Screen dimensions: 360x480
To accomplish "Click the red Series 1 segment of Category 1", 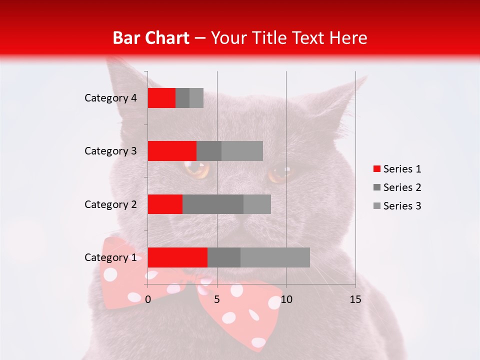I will pyautogui.click(x=177, y=257).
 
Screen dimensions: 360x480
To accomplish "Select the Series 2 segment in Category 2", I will pyautogui.click(x=213, y=204).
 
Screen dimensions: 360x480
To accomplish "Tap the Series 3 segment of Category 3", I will pyautogui.click(x=242, y=151).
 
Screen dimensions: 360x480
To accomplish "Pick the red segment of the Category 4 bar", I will pyautogui.click(x=161, y=98).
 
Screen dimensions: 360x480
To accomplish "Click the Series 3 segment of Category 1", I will pyautogui.click(x=275, y=257).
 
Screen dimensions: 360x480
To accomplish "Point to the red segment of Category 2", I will pyautogui.click(x=165, y=204).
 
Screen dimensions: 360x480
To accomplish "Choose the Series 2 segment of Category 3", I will pyautogui.click(x=209, y=151).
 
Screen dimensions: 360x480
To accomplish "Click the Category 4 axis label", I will pyautogui.click(x=110, y=98).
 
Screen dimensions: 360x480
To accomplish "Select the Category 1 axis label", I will pyautogui.click(x=110, y=257).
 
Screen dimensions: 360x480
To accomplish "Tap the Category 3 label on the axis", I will pyautogui.click(x=110, y=151).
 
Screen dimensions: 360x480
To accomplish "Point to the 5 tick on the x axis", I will pyautogui.click(x=217, y=299).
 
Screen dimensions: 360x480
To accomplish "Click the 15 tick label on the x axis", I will pyautogui.click(x=355, y=299).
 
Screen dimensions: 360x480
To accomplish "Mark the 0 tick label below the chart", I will pyautogui.click(x=148, y=299).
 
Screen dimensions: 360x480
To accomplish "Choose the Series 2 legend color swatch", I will pyautogui.click(x=377, y=187).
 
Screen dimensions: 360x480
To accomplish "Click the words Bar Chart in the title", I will pyautogui.click(x=151, y=38).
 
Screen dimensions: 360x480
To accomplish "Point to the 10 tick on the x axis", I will pyautogui.click(x=286, y=299).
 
